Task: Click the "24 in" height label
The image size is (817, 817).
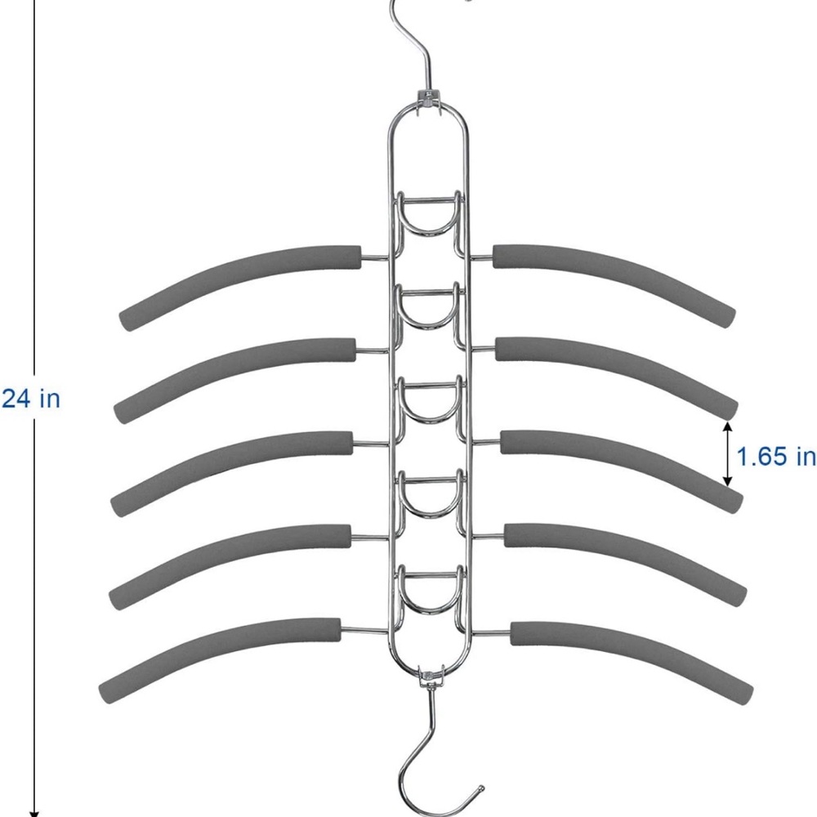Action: pos(31,399)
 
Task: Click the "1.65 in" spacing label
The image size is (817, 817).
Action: pos(776,457)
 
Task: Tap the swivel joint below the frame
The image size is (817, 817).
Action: pos(431,676)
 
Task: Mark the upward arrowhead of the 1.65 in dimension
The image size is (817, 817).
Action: pos(728,427)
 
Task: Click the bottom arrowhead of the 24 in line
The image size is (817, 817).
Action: pos(34,813)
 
